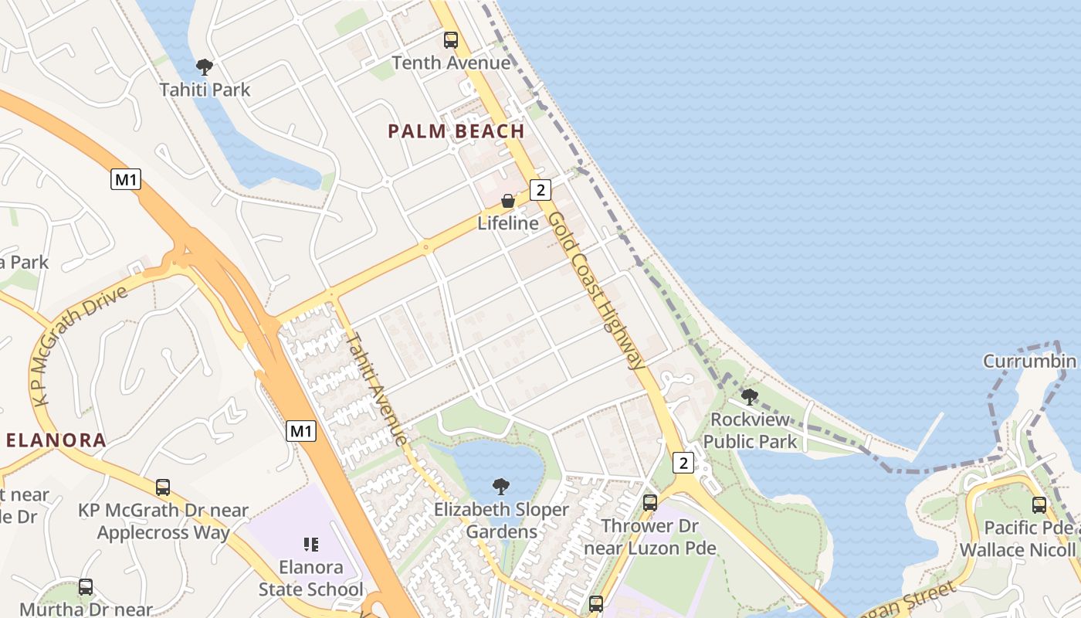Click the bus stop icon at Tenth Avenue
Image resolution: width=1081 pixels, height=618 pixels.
(450, 39)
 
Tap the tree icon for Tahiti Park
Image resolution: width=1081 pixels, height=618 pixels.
(205, 66)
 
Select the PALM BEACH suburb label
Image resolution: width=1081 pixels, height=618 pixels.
(456, 131)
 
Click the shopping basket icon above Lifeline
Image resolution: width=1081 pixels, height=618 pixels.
(508, 201)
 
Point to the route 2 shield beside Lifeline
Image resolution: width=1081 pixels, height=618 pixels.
(540, 189)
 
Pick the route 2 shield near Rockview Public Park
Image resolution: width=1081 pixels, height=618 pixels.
(683, 463)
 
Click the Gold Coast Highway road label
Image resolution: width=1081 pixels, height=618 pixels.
(596, 290)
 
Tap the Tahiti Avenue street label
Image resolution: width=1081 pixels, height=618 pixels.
(376, 389)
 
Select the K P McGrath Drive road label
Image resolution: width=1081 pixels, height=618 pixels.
(80, 345)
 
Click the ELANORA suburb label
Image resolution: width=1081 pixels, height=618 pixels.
(56, 440)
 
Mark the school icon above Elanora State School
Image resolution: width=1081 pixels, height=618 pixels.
(311, 545)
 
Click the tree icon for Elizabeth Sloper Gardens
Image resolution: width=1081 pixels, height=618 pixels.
(501, 486)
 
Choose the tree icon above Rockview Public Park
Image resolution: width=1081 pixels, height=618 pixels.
(749, 397)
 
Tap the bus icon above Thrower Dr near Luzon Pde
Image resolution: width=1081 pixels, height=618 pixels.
(650, 502)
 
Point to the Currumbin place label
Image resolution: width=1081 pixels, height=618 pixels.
(1029, 361)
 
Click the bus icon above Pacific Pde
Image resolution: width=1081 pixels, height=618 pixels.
(1039, 504)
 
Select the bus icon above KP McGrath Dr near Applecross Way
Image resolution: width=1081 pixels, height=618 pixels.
(163, 487)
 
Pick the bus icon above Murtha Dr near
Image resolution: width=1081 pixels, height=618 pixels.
(86, 586)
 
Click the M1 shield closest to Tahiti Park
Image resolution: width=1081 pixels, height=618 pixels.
(126, 180)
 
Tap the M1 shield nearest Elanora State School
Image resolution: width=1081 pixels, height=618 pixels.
(301, 431)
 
